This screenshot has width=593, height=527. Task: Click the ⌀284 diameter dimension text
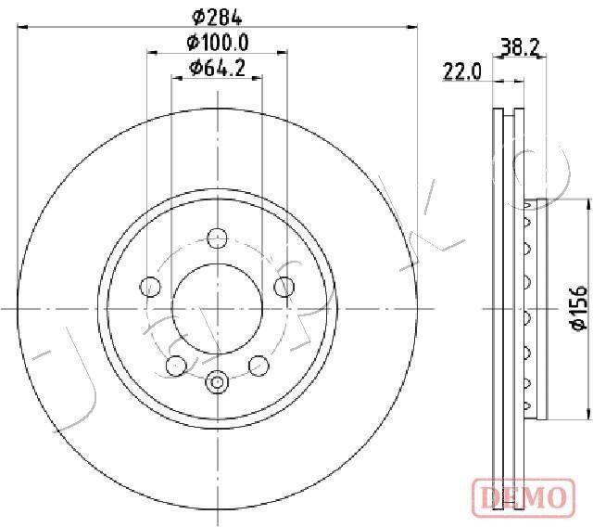click(x=217, y=15)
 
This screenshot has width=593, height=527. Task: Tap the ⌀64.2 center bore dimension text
click(x=217, y=67)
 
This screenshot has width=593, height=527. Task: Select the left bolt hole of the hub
click(x=149, y=286)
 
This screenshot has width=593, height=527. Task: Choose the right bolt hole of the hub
click(x=284, y=286)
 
